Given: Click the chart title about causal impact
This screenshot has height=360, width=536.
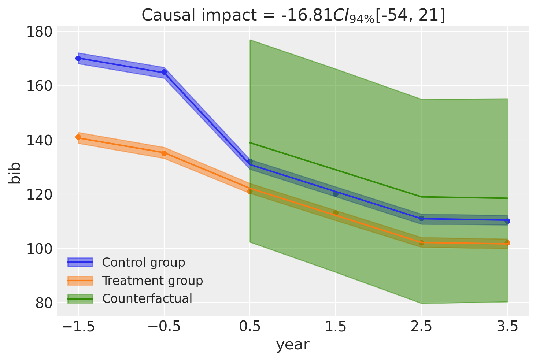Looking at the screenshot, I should pyautogui.click(x=293, y=15).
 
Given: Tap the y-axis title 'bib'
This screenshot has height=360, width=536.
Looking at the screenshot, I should pyautogui.click(x=15, y=173).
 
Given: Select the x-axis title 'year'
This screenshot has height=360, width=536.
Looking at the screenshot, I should pyautogui.click(x=293, y=345).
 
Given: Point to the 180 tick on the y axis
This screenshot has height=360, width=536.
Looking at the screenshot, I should pyautogui.click(x=38, y=32).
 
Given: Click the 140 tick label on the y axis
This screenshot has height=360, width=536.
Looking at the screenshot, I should pyautogui.click(x=38, y=140).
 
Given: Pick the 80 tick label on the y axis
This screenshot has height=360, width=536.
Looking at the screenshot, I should pyautogui.click(x=43, y=303).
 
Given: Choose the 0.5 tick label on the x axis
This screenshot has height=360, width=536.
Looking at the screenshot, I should pyautogui.click(x=250, y=326).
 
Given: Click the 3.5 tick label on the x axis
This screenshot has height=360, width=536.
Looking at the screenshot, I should pyautogui.click(x=507, y=326).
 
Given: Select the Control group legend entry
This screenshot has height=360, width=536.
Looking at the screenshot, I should pyautogui.click(x=143, y=262).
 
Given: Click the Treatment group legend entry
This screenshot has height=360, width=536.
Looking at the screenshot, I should pyautogui.click(x=152, y=281).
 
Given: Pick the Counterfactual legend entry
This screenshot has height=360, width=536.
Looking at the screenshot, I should pyautogui.click(x=147, y=299).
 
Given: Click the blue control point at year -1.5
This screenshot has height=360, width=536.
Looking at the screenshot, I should pyautogui.click(x=78, y=59).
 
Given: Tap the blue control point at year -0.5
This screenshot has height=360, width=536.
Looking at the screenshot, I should pyautogui.click(x=164, y=72).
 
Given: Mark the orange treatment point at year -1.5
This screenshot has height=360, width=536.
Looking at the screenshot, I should pyautogui.click(x=78, y=137).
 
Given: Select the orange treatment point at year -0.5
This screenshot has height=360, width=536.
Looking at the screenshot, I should pyautogui.click(x=164, y=153).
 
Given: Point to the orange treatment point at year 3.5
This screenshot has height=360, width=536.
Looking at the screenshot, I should pyautogui.click(x=507, y=243).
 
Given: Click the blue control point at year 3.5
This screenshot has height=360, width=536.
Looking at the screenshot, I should pyautogui.click(x=507, y=221).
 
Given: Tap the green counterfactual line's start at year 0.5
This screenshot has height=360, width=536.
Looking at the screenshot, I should pyautogui.click(x=250, y=143).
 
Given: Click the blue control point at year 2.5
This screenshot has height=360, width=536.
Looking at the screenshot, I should pyautogui.click(x=421, y=219).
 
